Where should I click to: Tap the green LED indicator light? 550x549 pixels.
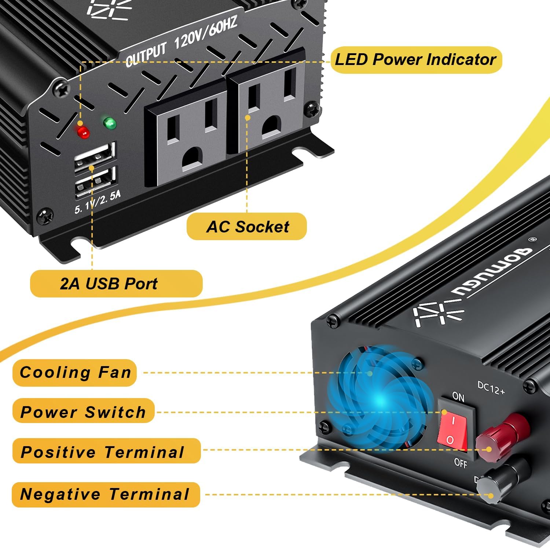(110, 123)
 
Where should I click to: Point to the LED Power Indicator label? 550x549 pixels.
(415, 59)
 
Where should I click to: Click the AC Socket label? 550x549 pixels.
(247, 227)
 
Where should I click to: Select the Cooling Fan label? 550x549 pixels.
(75, 372)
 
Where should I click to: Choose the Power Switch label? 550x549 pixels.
(83, 412)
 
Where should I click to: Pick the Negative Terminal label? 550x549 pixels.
(106, 494)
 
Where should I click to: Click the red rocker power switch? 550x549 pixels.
(452, 430)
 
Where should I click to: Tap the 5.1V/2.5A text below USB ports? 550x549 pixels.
(98, 202)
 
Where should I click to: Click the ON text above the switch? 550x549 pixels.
(458, 397)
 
